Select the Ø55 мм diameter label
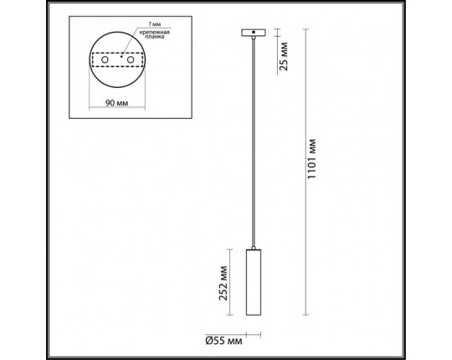coord(223,339)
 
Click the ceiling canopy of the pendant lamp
coord(250,33)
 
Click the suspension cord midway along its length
coord(250,142)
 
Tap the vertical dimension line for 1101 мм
coord(305,167)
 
